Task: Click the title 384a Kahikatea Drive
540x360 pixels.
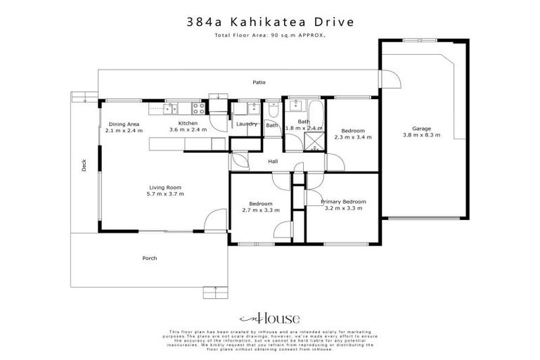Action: click(270, 22)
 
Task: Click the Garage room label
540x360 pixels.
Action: click(421, 129)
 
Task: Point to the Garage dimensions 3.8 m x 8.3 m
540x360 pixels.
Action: click(421, 136)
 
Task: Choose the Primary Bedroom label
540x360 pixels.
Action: click(343, 202)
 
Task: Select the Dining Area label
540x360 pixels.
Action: click(124, 124)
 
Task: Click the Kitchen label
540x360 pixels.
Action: click(188, 124)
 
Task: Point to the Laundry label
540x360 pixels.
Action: click(246, 124)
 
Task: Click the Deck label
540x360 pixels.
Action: click(84, 167)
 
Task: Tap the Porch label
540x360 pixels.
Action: click(150, 258)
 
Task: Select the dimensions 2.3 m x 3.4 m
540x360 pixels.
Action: click(353, 138)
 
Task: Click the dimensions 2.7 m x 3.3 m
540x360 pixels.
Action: click(257, 210)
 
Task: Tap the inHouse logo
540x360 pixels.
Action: click(270, 317)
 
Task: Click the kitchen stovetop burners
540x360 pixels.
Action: click(199, 109)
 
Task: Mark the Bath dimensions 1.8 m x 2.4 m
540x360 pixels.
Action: click(304, 129)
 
